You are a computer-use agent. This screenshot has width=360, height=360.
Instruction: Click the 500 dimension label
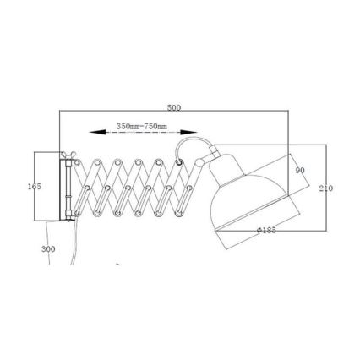click(x=174, y=109)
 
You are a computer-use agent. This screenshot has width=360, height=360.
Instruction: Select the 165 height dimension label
click(x=34, y=186)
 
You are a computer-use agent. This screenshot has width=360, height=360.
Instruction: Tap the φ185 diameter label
click(x=265, y=230)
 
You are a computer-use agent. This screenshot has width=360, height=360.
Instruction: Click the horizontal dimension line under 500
click(x=174, y=113)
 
